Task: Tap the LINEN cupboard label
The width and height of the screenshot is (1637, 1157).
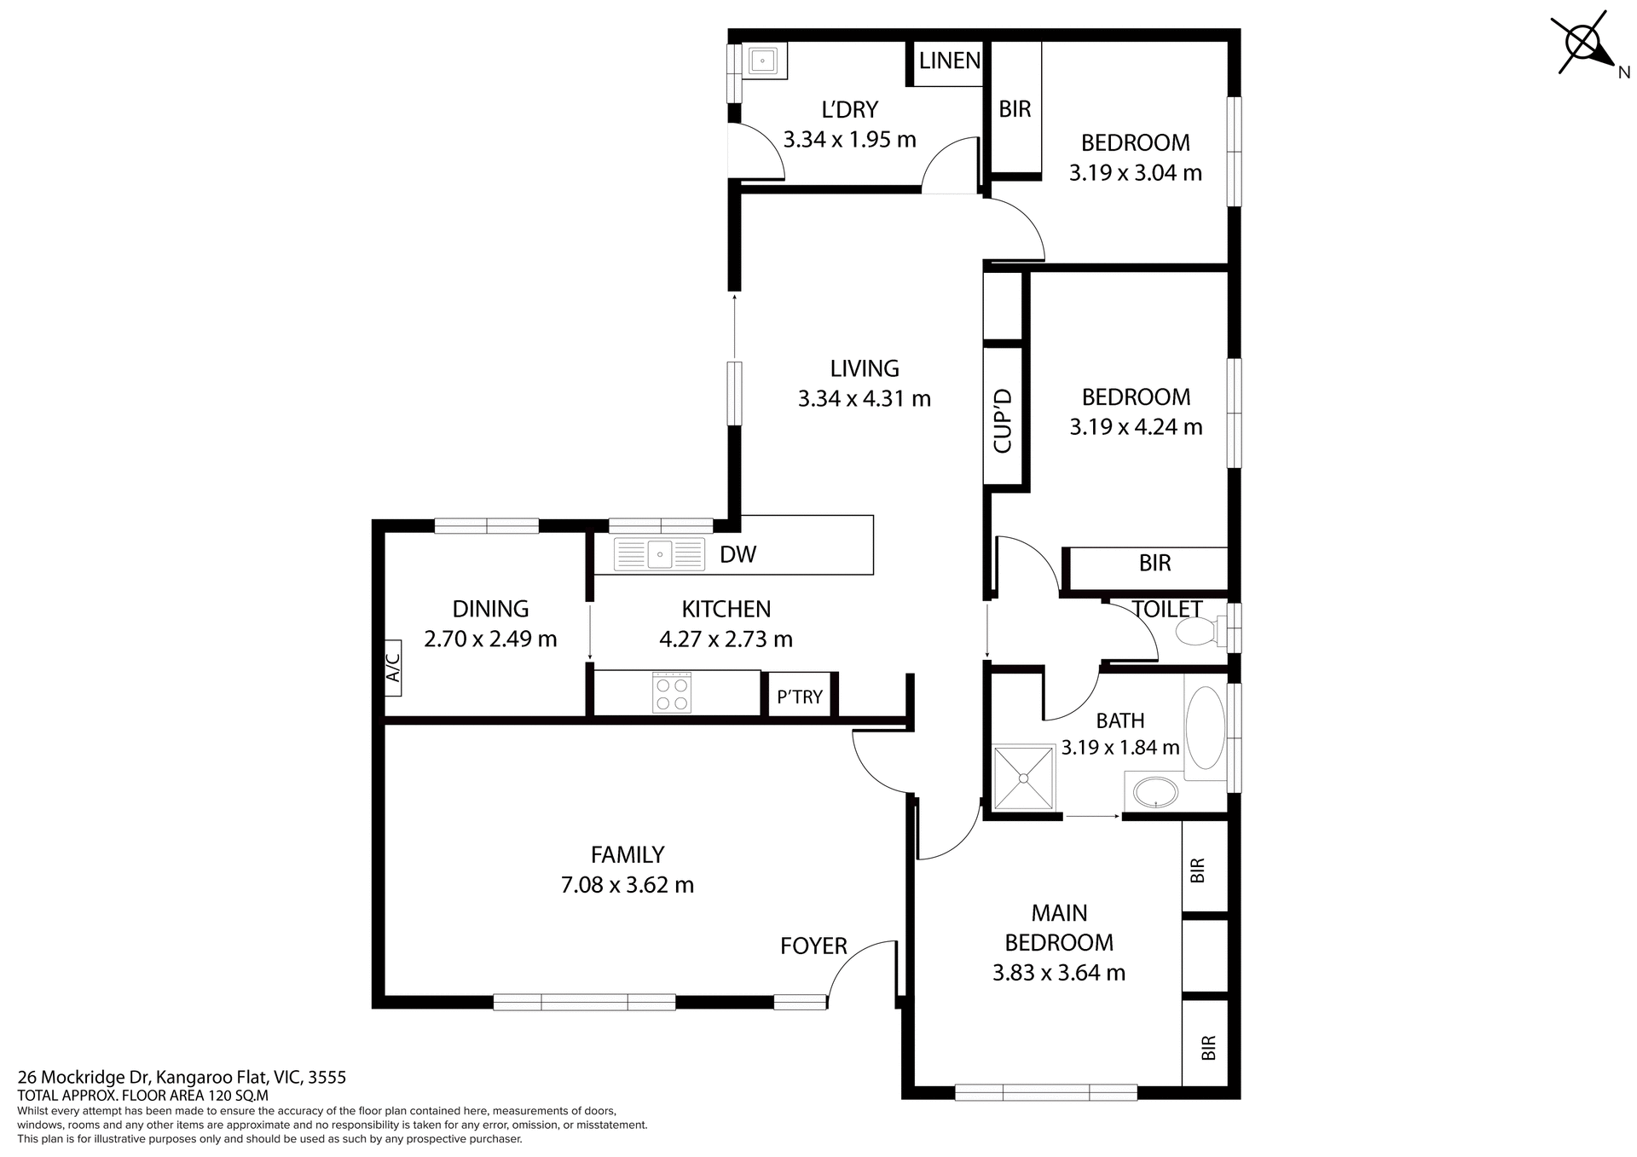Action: pyautogui.click(x=949, y=61)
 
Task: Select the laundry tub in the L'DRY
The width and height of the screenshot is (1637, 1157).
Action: pyautogui.click(x=761, y=61)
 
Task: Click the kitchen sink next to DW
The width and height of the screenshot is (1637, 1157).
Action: pyautogui.click(x=660, y=554)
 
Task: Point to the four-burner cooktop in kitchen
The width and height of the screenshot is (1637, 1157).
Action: pyautogui.click(x=672, y=692)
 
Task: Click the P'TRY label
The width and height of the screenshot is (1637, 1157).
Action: pyautogui.click(x=800, y=697)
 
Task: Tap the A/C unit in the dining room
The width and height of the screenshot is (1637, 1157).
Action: pyautogui.click(x=393, y=668)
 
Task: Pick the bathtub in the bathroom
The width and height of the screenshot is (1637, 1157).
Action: pyautogui.click(x=1204, y=729)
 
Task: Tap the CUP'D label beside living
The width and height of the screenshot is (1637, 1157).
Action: pyautogui.click(x=1003, y=420)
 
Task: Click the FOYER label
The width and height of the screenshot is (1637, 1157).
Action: pyautogui.click(x=813, y=946)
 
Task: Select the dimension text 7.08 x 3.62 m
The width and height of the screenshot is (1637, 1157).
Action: pyautogui.click(x=628, y=885)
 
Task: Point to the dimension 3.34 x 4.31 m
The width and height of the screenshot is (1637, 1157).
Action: pyautogui.click(x=864, y=398)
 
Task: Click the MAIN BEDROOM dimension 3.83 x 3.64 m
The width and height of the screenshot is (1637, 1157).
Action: pyautogui.click(x=1059, y=972)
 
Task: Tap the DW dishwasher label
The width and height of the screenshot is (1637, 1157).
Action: pyautogui.click(x=738, y=555)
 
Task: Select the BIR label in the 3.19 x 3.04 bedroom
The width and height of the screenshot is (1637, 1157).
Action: pyautogui.click(x=1015, y=109)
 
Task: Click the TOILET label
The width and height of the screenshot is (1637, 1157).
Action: pyautogui.click(x=1166, y=609)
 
